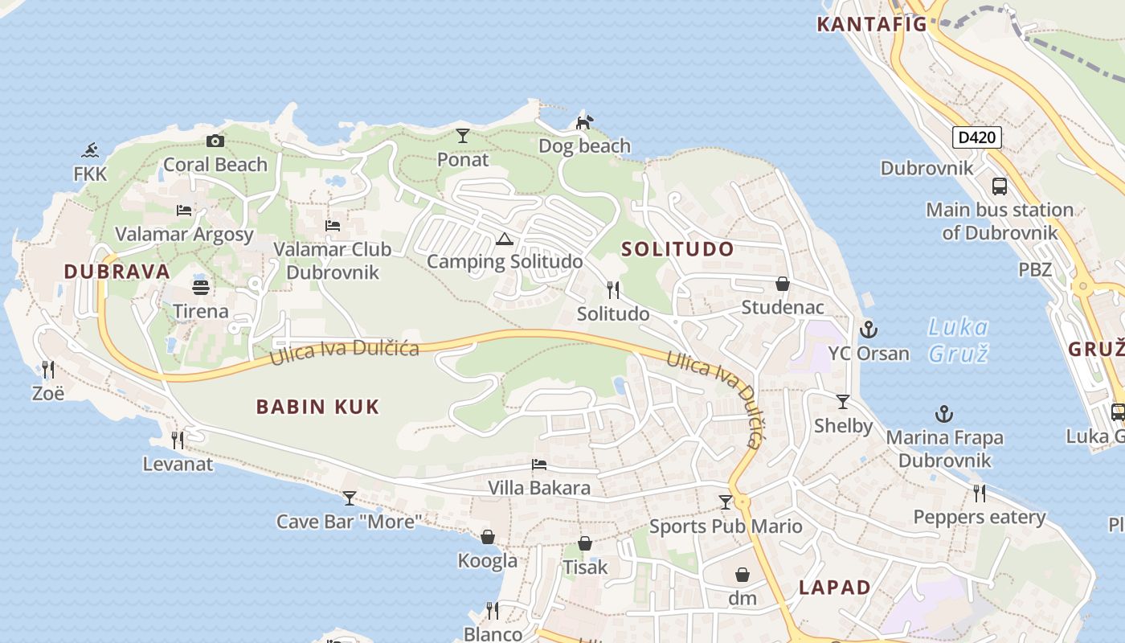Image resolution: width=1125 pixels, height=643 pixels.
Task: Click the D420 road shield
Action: tap(977, 137)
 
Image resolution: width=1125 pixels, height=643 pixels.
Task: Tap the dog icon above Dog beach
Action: tap(584, 122)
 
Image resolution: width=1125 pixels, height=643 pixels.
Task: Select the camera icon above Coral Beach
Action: tap(215, 141)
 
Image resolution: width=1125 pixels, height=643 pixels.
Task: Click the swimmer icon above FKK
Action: tap(90, 150)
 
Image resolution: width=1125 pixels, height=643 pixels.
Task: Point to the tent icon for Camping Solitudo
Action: tap(504, 238)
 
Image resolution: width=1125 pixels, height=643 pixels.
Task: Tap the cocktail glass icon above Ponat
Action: tap(462, 136)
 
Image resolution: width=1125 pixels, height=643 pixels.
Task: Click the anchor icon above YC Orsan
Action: tap(868, 330)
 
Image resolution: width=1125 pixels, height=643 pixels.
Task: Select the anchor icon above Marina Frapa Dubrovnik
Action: tap(944, 414)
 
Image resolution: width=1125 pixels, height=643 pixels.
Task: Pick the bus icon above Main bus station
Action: tap(1000, 186)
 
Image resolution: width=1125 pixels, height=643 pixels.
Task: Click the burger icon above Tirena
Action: tap(200, 287)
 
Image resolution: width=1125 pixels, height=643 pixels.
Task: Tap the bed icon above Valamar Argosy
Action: tap(184, 211)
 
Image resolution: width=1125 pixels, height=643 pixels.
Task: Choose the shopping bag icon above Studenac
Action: tap(782, 284)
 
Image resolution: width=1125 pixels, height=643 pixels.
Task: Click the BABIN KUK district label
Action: tap(317, 407)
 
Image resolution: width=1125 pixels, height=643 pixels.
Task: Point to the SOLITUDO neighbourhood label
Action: tap(678, 249)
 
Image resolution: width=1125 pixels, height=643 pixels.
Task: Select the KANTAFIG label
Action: tap(872, 24)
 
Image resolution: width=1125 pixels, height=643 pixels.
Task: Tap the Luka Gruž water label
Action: tap(958, 340)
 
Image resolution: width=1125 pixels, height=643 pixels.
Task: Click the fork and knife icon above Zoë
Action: tap(48, 370)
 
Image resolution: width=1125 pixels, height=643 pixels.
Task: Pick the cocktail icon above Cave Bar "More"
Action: tap(349, 498)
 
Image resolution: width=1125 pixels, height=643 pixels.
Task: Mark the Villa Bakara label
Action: tap(539, 488)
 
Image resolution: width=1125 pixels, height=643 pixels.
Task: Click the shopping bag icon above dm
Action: tap(742, 575)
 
